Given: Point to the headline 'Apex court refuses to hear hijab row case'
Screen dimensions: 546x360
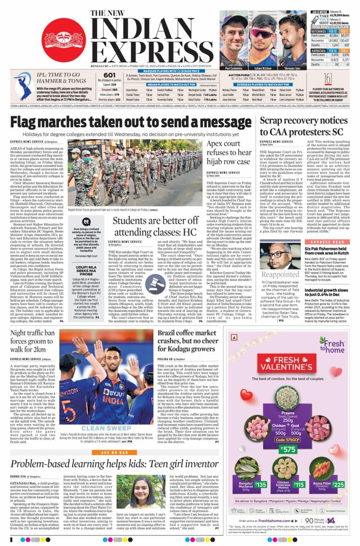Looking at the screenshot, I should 228,154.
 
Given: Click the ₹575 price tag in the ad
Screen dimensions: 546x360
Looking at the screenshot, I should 290,449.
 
